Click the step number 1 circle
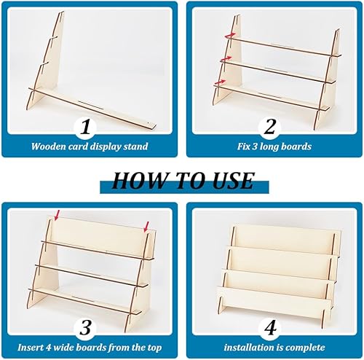click(x=85, y=127)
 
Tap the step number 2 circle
click(x=269, y=127)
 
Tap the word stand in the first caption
click(x=136, y=146)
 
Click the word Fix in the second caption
click(x=243, y=146)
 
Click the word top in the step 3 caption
click(x=154, y=348)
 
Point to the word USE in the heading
click(x=234, y=181)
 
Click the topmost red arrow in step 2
click(x=230, y=36)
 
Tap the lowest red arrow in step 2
click(x=220, y=82)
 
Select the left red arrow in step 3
click(x=57, y=215)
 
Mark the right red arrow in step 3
click(x=146, y=227)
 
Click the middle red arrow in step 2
click(x=226, y=59)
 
